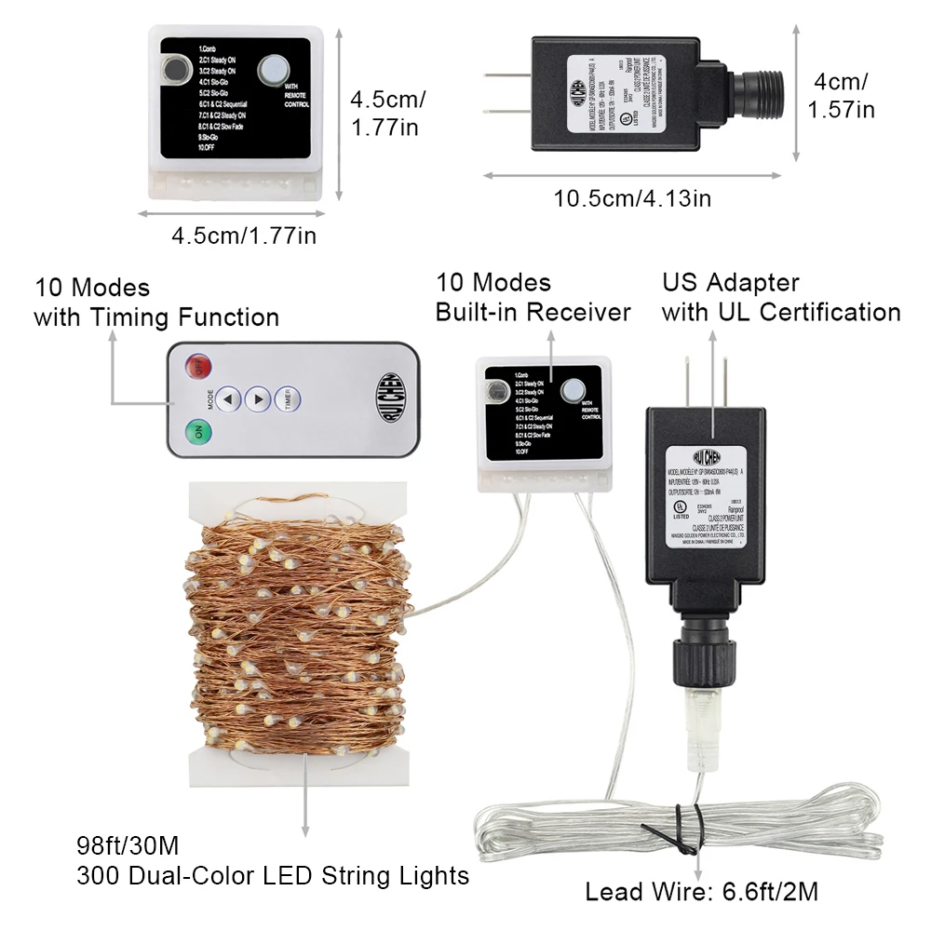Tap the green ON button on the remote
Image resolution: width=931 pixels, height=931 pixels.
(197, 433)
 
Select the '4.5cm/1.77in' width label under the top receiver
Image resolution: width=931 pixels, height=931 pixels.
(243, 236)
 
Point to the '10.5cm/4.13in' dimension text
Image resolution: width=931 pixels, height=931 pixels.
(633, 198)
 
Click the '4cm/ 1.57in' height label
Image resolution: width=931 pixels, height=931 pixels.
(841, 95)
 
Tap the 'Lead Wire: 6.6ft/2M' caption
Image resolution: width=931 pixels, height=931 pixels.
(702, 892)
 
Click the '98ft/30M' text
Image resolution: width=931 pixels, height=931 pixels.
(128, 847)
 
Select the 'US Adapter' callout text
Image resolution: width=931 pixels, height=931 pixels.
(731, 282)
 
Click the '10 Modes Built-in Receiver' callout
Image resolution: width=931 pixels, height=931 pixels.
(533, 297)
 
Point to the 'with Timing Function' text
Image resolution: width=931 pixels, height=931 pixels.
(156, 317)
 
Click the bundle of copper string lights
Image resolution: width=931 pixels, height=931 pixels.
(298, 624)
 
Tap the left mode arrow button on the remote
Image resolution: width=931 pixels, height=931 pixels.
(230, 398)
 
